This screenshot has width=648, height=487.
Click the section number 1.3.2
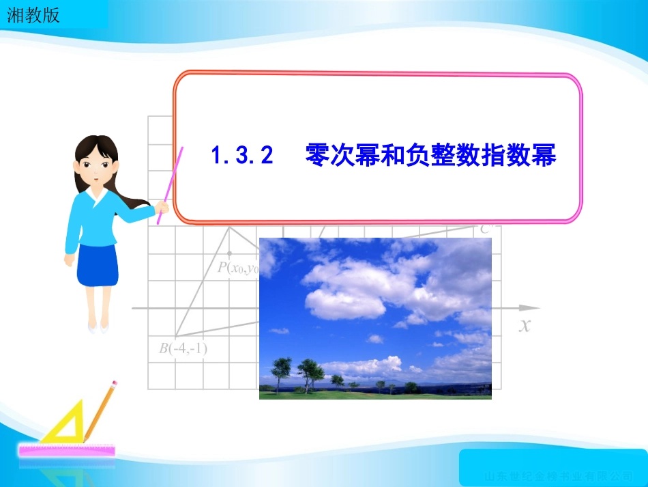pos(242,155)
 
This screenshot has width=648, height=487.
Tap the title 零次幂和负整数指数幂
pos(431,155)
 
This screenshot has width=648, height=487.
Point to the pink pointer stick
pos(170,185)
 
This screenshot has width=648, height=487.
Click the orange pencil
pos(99,413)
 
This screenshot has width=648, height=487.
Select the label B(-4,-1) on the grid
pos(183,349)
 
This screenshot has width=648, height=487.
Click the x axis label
pos(524,326)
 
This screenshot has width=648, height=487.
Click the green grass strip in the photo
pos(375,394)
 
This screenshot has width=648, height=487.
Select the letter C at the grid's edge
pos(485,229)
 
